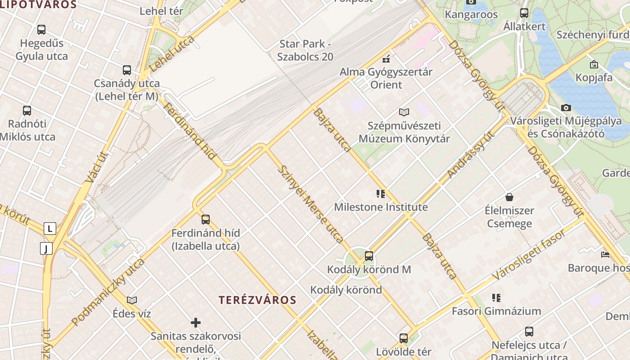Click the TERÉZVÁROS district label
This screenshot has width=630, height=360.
(x=257, y=300)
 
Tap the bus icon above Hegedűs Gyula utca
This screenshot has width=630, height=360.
(x=41, y=30)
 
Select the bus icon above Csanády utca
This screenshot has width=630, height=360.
(x=127, y=70)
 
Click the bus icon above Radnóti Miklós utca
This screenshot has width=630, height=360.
(x=27, y=110)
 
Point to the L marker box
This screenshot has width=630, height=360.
(x=49, y=229)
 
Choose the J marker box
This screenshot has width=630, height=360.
(x=46, y=248)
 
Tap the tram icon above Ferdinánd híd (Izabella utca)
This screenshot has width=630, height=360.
(x=206, y=220)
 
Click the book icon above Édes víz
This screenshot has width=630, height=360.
(x=132, y=300)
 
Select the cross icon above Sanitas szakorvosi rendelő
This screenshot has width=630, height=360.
(x=196, y=322)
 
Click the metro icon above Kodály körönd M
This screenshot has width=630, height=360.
(x=369, y=256)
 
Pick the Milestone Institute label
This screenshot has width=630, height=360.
(x=381, y=207)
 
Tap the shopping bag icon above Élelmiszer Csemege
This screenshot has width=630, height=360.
(x=509, y=197)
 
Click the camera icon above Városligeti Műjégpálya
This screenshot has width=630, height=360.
(x=566, y=108)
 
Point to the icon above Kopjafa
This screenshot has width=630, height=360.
(x=594, y=64)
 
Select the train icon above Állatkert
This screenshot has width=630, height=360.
(x=524, y=13)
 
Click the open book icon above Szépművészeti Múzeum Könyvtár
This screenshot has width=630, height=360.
(x=404, y=112)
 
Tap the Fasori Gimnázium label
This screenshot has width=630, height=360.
(x=496, y=311)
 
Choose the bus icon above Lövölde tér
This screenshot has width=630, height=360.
(x=404, y=338)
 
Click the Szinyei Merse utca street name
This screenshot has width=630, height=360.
(x=310, y=204)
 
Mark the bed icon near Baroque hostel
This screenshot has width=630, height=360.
(x=605, y=255)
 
